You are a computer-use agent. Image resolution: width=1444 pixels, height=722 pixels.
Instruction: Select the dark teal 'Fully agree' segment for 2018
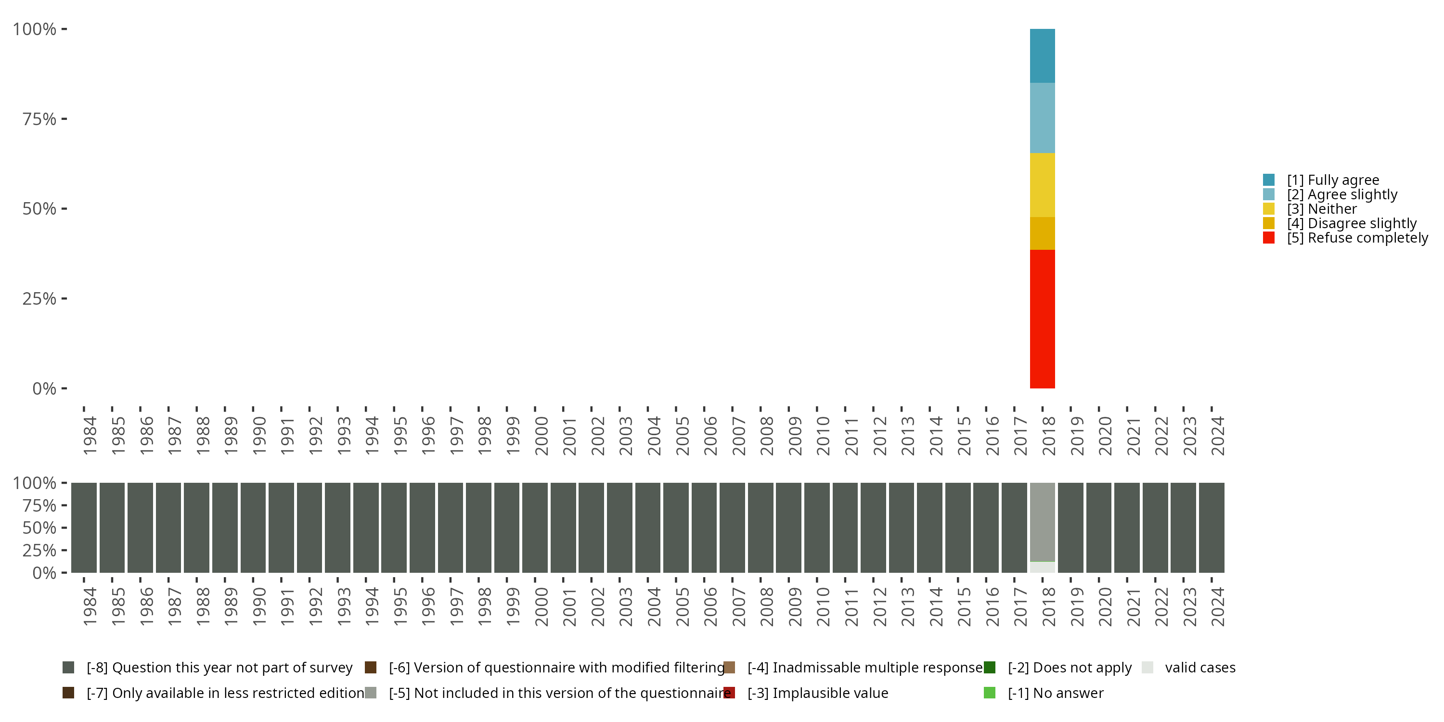pyautogui.click(x=1042, y=55)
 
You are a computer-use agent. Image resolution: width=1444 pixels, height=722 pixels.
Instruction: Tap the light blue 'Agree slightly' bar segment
pyautogui.click(x=1042, y=118)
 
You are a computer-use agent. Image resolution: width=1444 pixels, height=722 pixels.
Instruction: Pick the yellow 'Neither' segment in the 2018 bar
pyautogui.click(x=1042, y=185)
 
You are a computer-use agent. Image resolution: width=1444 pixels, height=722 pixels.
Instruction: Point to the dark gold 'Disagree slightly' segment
pyautogui.click(x=1042, y=233)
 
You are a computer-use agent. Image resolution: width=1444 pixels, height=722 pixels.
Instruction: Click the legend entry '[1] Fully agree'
pyautogui.click(x=1332, y=180)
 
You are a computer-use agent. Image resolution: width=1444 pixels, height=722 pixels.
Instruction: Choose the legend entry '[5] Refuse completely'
pyautogui.click(x=1357, y=238)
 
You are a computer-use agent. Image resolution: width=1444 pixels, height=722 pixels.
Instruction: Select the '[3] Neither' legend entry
pyautogui.click(x=1321, y=209)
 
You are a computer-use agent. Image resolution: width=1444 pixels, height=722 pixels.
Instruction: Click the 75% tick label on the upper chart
pyautogui.click(x=39, y=119)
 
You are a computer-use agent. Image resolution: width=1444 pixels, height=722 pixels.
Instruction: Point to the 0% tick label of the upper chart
pyautogui.click(x=44, y=388)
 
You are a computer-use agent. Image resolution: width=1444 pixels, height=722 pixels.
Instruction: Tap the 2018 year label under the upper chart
pyautogui.click(x=1048, y=436)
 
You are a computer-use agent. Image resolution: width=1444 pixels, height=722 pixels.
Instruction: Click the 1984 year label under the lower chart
pyautogui.click(x=90, y=606)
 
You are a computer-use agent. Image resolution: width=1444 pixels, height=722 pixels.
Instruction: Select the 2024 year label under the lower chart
pyautogui.click(x=1218, y=606)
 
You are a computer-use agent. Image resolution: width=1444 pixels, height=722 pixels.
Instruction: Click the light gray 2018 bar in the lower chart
pyautogui.click(x=1042, y=521)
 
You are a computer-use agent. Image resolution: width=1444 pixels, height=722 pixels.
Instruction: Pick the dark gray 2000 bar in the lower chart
pyautogui.click(x=535, y=528)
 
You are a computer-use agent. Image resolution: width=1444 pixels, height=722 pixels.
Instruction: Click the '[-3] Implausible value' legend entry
pyautogui.click(x=817, y=693)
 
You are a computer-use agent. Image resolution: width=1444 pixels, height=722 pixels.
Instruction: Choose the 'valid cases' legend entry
pyautogui.click(x=1199, y=668)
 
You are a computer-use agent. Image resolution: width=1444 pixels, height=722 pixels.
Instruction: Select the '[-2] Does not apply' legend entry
pyautogui.click(x=1069, y=668)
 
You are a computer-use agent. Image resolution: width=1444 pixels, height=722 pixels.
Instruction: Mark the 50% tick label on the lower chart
pyautogui.click(x=39, y=528)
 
